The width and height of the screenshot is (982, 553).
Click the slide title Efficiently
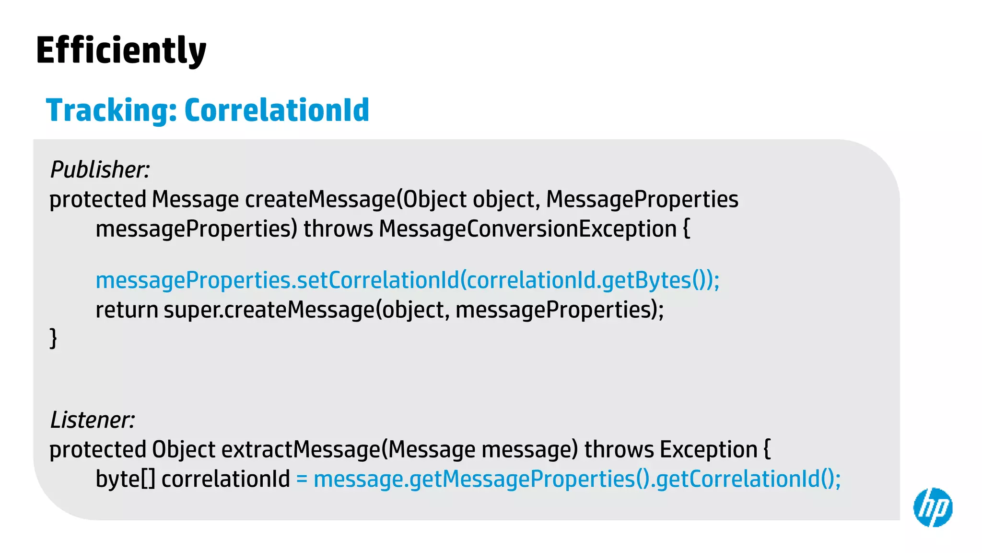point(121,50)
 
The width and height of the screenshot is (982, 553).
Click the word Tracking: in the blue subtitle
point(111,110)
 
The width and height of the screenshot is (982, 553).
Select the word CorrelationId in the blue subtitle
point(277,110)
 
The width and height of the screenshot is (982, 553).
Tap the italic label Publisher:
point(100,169)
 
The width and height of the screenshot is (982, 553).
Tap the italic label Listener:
point(93,420)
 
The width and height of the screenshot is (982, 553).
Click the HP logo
point(933,507)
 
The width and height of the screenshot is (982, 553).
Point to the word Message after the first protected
point(195,200)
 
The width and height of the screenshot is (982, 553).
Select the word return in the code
point(127,310)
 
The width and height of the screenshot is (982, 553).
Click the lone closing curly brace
point(53,338)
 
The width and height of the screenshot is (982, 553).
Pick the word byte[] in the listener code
point(125,479)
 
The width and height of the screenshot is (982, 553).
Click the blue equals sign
point(302,479)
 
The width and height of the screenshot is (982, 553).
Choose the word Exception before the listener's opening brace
point(708,450)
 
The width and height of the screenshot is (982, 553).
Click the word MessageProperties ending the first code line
point(642,200)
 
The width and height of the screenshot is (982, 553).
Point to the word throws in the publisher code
point(338,229)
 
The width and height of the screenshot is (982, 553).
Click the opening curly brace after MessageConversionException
point(686,229)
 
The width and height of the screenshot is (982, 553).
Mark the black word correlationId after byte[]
point(226,479)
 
